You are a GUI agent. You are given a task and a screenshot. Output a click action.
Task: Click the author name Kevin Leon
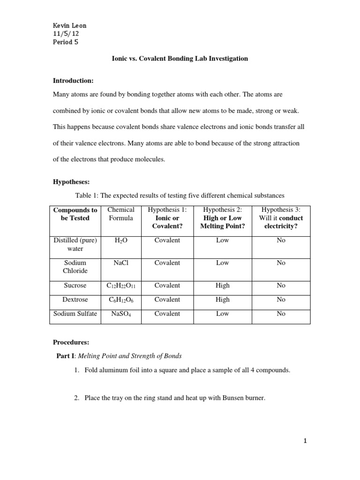pos(69,25)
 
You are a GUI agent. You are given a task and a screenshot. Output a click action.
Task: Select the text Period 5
pos(66,42)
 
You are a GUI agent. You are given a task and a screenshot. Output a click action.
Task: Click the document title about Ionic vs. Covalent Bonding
pos(180,59)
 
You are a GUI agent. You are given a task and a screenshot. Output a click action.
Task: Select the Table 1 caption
pos(180,195)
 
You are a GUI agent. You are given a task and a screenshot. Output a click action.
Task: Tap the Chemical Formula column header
pos(121,214)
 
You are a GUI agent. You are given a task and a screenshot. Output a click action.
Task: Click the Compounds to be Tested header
pos(75,214)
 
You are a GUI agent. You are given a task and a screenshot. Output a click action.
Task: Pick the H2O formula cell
pos(121,240)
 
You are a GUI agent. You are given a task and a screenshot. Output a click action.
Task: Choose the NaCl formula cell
pos(121,263)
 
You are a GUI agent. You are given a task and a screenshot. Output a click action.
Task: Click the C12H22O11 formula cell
pos(121,285)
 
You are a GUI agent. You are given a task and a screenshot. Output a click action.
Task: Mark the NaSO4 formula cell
pos(121,314)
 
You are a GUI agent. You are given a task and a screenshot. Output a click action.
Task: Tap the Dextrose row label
pos(75,300)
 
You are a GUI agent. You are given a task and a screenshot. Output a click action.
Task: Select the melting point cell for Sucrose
pos(223,285)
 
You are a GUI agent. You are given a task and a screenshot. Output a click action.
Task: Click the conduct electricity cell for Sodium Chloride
pos(281,263)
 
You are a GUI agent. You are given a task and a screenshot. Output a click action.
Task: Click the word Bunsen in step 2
pos(227,398)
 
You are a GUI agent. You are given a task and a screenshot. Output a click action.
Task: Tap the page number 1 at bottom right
pos(306,441)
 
